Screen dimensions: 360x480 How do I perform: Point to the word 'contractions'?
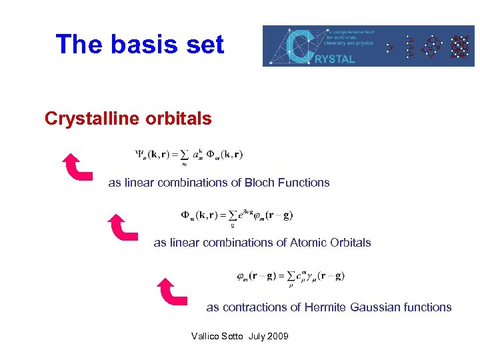pyautogui.click(x=255, y=307)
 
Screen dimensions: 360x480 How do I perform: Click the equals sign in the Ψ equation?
pyautogui.click(x=184, y=155)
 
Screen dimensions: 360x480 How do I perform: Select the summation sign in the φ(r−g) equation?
pyautogui.click(x=291, y=276)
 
